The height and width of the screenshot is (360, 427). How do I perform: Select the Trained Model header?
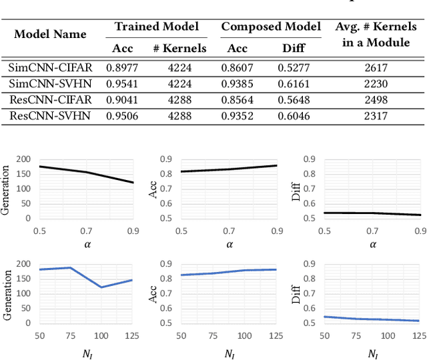coord(157,27)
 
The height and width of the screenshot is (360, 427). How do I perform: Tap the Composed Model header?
coord(271,27)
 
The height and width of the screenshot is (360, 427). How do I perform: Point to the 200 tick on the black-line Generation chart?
coord(23,159)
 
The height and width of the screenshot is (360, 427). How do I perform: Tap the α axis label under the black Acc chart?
coord(229,245)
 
